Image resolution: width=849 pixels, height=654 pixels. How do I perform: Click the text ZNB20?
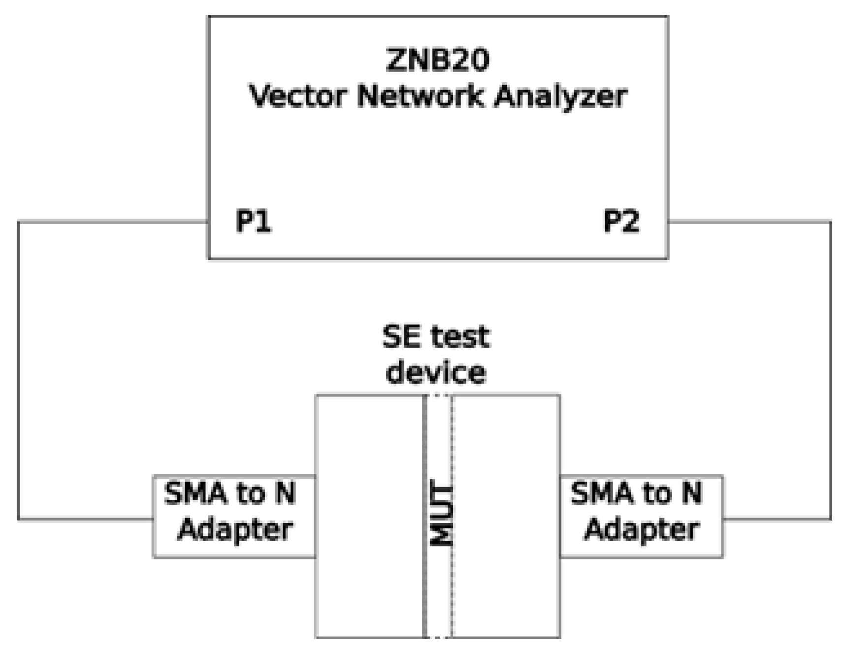point(437,60)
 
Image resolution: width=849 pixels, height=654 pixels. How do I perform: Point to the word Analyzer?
point(560,97)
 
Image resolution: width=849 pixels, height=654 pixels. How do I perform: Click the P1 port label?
point(253,221)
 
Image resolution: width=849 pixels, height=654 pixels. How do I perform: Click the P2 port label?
point(621,221)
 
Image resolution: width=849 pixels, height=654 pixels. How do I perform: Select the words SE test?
point(436,337)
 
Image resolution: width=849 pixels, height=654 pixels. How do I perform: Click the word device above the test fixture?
point(436,372)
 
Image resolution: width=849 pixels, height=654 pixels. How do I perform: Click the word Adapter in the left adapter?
point(235,530)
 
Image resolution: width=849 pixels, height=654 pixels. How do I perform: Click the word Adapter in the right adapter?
point(642,530)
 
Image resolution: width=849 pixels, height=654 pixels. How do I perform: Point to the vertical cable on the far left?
point(19,369)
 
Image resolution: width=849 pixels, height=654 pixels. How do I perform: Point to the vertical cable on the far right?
point(831,369)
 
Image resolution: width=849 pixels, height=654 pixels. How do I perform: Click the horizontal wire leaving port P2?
point(749,222)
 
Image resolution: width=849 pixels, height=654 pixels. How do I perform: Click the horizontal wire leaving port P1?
point(113,222)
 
